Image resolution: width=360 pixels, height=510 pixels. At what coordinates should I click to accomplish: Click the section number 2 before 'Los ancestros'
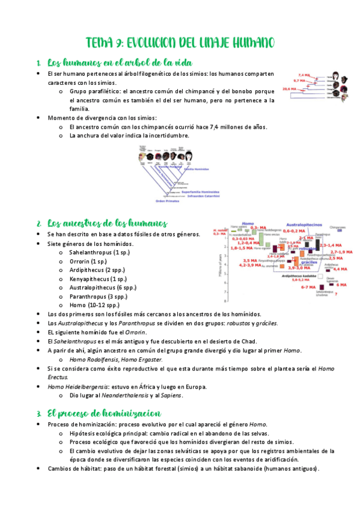pos(38,224)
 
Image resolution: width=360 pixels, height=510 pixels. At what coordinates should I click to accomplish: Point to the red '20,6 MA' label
pos(290,88)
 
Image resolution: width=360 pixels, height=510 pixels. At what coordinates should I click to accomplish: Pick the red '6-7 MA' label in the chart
pos(308,287)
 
